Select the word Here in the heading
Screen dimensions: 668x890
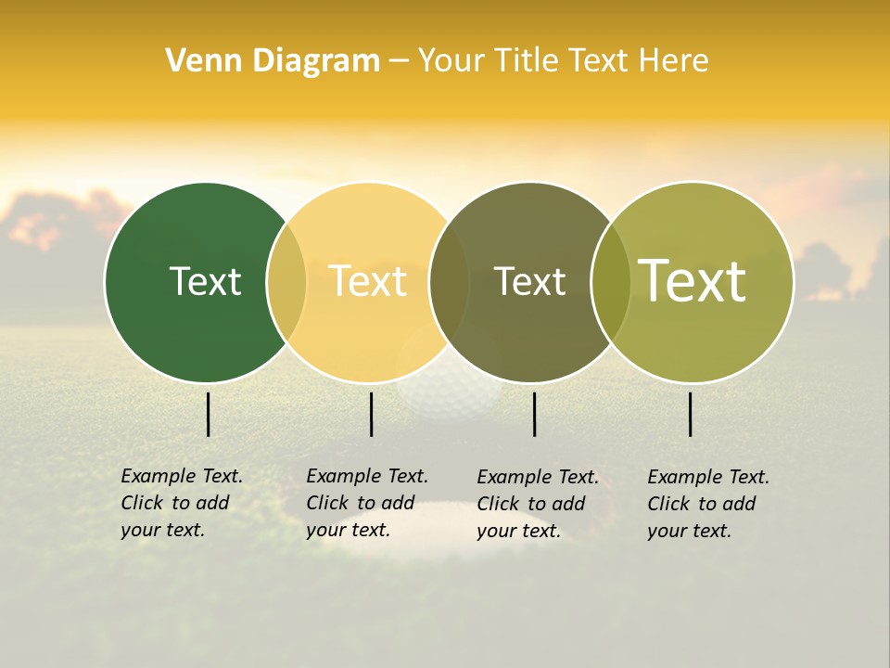tap(672, 61)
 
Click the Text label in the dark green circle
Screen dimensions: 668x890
tap(205, 281)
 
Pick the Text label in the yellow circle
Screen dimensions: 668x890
tap(367, 281)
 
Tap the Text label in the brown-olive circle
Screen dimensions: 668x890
tap(529, 282)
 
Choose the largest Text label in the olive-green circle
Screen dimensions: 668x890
tap(692, 281)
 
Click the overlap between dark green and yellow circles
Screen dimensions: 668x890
tap(286, 282)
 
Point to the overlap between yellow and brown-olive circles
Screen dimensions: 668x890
tap(449, 282)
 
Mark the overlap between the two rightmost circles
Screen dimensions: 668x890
tap(611, 282)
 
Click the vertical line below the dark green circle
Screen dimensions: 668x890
tap(209, 414)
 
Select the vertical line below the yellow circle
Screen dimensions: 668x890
tap(371, 414)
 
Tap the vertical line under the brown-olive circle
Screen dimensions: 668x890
tap(535, 414)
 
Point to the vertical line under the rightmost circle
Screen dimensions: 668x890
tap(691, 414)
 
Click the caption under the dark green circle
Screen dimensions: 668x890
tap(181, 503)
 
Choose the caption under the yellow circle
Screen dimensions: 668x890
tap(366, 503)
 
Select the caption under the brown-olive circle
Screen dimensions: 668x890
tap(537, 504)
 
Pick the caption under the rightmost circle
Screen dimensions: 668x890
tap(707, 504)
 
